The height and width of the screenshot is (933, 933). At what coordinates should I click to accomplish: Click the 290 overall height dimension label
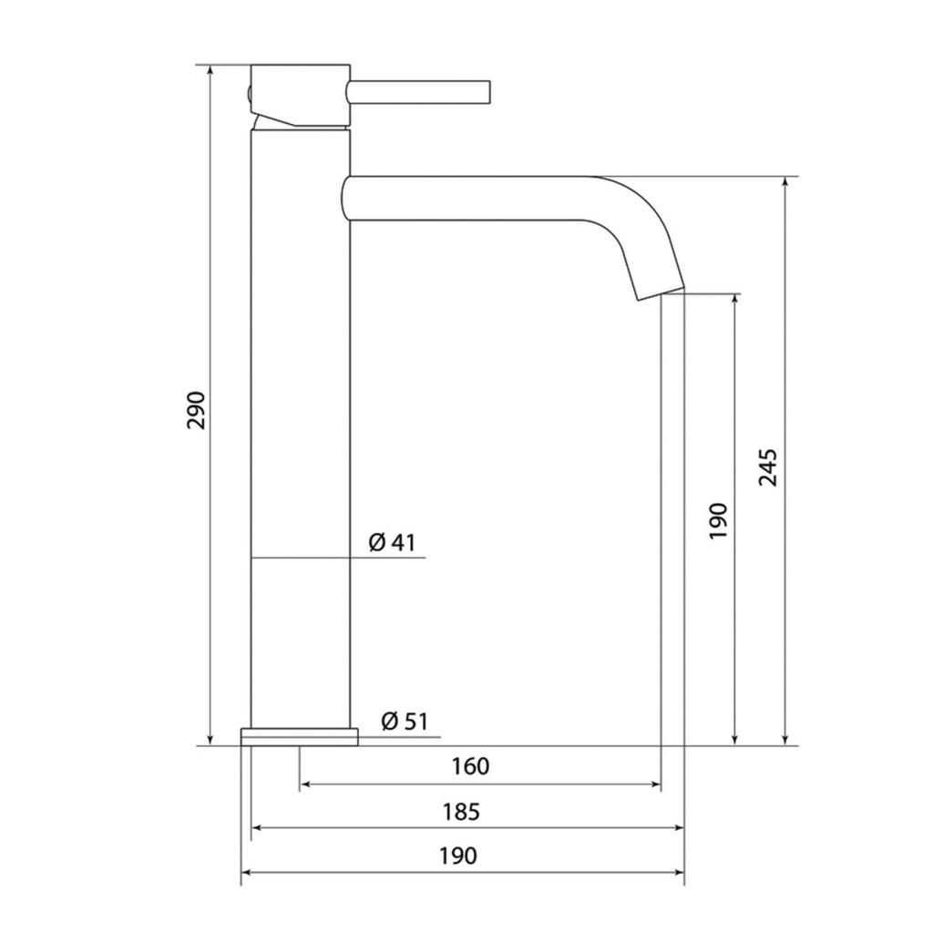197,410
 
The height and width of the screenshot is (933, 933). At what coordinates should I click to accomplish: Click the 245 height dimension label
767,467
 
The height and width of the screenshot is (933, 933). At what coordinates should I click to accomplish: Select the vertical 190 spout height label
719,520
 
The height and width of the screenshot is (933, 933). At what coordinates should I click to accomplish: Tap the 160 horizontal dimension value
470,766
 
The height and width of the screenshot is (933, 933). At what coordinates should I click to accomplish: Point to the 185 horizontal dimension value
461,812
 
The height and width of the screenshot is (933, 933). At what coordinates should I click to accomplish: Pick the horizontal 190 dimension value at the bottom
458,856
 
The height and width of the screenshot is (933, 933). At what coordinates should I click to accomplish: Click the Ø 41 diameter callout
392,542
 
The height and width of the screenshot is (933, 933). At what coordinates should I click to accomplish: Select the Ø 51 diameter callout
405,722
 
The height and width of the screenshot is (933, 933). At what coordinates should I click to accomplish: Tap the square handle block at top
301,95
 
